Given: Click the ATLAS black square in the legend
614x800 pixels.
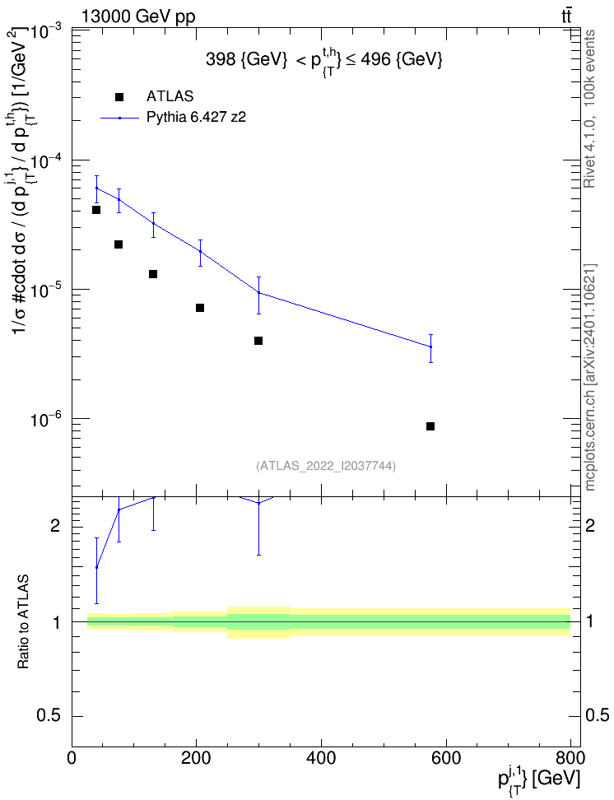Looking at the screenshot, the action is [119, 97].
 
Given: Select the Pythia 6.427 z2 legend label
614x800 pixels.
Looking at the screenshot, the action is [197, 118].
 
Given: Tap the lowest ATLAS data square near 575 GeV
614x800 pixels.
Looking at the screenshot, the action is [430, 426].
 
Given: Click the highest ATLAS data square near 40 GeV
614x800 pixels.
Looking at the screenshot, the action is [96, 210].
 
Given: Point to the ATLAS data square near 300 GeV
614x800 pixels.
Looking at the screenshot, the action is [258, 340].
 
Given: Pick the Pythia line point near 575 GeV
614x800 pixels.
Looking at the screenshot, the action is [430, 347].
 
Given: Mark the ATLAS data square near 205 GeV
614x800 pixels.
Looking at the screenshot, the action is [200, 308].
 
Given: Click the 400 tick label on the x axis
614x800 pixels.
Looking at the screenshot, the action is [322, 758].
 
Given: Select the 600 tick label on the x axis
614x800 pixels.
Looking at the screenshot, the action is [447, 758].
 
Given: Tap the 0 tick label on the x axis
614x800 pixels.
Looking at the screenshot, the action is [72, 758].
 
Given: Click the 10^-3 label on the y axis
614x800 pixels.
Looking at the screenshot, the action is [47, 33].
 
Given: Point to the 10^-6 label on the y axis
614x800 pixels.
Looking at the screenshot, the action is [47, 420].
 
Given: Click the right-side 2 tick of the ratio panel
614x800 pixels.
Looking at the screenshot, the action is [590, 525].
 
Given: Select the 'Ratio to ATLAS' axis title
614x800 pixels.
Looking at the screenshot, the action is [24, 622].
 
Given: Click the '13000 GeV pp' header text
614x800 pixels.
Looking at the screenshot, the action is [138, 16].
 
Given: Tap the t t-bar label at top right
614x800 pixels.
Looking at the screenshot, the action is [566, 16].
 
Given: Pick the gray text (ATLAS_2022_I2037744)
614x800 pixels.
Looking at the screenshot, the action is [326, 465].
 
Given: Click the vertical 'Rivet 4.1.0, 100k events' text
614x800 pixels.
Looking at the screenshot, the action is [589, 109].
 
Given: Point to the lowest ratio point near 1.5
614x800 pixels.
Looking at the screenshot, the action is [96, 567].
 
